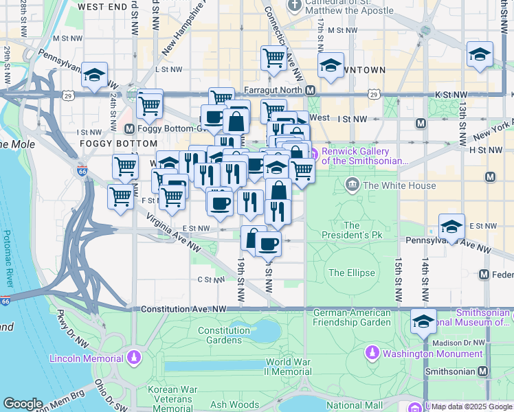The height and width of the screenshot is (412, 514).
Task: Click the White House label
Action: pos(399,185)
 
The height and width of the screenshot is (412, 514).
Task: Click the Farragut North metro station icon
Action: pos(311,90)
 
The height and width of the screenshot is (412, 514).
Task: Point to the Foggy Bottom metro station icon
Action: pos(129,128)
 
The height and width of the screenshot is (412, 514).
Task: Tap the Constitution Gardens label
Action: pos(224,335)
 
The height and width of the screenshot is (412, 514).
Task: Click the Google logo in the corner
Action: pos(23,404)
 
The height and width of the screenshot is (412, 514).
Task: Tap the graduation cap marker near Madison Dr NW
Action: pos(423,321)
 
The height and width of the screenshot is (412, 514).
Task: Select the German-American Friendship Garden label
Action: pos(352,317)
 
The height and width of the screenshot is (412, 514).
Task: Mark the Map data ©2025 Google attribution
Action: pos(471,407)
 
